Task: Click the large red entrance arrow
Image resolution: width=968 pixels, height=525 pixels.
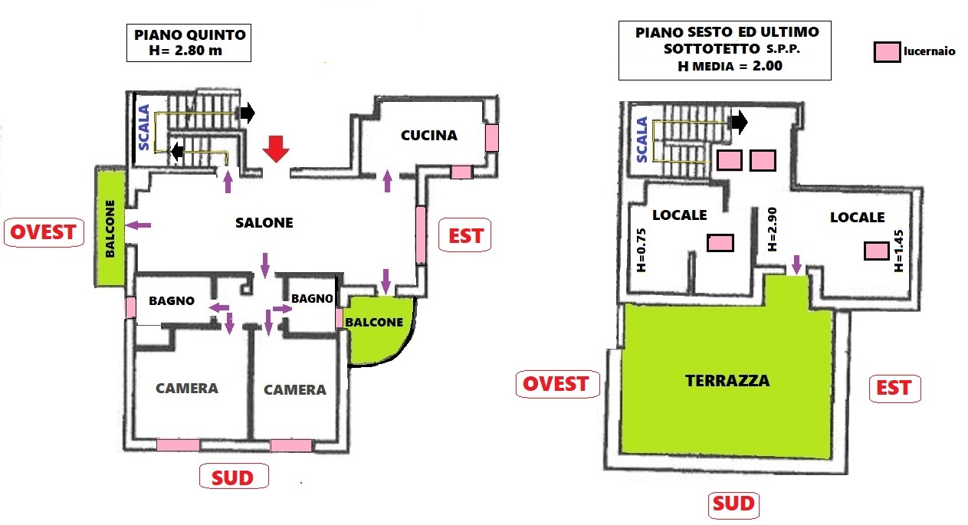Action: coord(277,149)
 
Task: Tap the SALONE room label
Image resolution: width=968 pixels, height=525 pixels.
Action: coord(264,223)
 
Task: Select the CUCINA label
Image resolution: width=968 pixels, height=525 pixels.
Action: coord(429,136)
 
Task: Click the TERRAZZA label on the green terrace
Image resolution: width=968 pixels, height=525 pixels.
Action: coord(727,380)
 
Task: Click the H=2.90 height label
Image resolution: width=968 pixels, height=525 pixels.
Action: coord(772,229)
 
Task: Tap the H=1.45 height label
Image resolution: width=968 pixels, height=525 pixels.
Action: coord(899,250)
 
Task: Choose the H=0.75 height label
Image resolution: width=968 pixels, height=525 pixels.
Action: coord(642,251)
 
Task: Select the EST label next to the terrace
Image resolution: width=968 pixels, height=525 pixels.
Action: coord(894,388)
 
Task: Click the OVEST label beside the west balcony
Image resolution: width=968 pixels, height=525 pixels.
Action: coord(44,232)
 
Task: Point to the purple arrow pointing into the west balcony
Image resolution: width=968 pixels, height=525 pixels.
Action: coord(139,225)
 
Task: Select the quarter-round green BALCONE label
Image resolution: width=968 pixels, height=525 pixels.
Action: coord(374,323)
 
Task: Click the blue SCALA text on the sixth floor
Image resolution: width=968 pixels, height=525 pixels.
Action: coord(642,139)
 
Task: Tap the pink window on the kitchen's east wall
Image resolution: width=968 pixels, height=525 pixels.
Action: coord(491,138)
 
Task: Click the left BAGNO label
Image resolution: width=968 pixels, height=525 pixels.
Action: coord(172,301)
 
